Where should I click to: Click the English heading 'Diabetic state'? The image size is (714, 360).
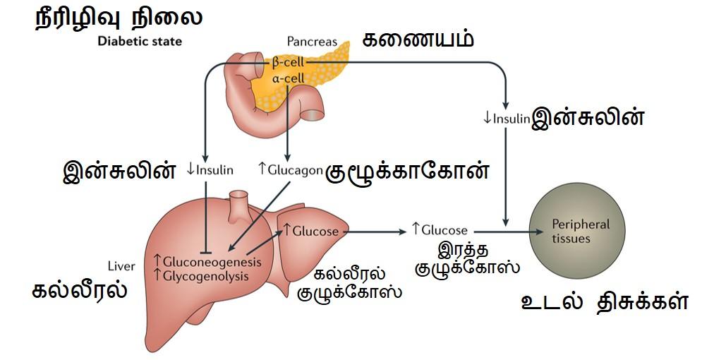pos(139,41)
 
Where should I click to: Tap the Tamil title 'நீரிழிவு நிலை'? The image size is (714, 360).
pos(119,17)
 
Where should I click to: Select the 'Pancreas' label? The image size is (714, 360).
pos(312,42)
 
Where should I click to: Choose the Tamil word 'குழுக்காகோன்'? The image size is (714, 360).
pos(407,172)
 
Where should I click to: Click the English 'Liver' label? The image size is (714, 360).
pos(121,266)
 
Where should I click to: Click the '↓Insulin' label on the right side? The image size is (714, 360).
pos(506,118)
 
